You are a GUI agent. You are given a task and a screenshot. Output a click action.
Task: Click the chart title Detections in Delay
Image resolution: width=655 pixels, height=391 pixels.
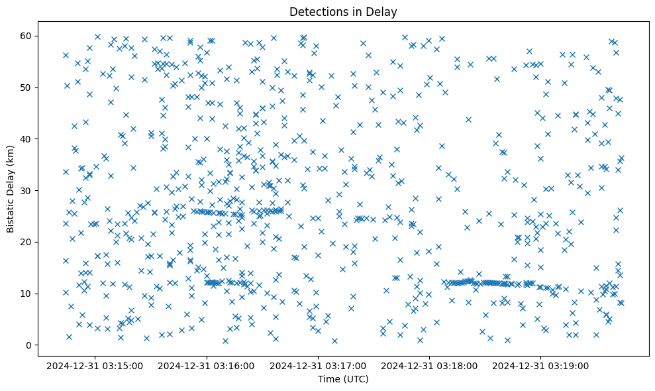coord(343,11)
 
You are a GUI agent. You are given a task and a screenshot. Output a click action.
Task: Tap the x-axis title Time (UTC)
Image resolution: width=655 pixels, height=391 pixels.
coord(343,379)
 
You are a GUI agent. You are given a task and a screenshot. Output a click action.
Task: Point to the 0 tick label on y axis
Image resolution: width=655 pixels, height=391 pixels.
coord(30,345)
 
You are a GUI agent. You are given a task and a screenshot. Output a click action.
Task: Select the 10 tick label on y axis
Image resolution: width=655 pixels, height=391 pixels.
coord(27,294)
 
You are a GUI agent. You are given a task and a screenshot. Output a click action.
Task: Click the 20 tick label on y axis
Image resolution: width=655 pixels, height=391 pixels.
coord(27,242)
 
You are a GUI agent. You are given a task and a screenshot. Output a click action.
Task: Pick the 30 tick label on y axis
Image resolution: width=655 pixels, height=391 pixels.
coord(27,190)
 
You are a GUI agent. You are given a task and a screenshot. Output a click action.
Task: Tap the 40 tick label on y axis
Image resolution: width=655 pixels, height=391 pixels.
coord(27,139)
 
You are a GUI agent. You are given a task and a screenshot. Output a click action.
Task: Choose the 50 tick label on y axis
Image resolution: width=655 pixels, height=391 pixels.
coord(27,87)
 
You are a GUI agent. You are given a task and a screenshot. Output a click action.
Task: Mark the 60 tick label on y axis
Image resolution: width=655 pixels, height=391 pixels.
coord(27,35)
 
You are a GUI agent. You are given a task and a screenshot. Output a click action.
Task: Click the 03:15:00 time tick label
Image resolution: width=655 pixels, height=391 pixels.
coord(95,365)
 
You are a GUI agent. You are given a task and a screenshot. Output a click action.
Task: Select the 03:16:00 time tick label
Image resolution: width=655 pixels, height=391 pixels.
coord(207,365)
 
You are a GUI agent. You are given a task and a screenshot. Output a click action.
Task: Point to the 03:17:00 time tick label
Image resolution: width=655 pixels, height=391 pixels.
coord(318,365)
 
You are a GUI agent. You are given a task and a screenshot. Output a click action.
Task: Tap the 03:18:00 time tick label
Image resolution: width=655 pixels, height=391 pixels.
coord(430,365)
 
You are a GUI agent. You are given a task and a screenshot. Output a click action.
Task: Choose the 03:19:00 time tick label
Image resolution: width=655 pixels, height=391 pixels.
coord(541,365)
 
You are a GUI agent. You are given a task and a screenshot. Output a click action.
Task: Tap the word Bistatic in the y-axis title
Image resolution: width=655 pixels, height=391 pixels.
coord(11,213)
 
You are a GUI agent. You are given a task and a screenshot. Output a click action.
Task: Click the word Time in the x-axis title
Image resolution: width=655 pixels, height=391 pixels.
coord(328,379)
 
